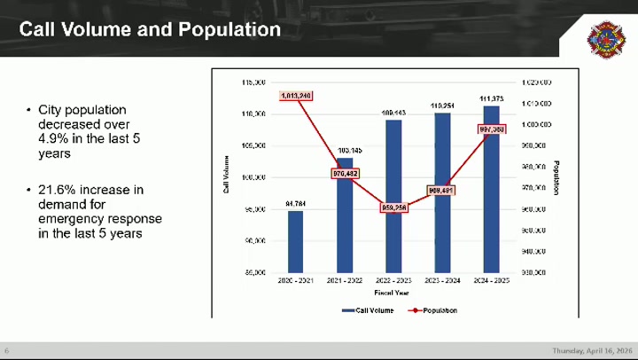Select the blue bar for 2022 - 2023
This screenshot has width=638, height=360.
click(393, 195)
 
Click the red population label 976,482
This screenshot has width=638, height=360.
click(345, 174)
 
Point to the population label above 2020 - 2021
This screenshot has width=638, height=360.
click(295, 95)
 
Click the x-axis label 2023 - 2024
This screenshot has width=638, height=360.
click(442, 281)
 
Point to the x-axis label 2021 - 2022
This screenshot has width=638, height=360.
click(345, 281)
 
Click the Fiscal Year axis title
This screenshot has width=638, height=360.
click(391, 292)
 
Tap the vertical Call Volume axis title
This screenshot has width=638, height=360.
click(226, 175)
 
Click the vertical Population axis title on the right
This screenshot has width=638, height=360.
click(556, 177)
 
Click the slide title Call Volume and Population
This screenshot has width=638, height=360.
click(150, 30)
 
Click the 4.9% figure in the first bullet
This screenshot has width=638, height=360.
click(51, 139)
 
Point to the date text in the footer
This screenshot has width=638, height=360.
click(592, 350)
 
